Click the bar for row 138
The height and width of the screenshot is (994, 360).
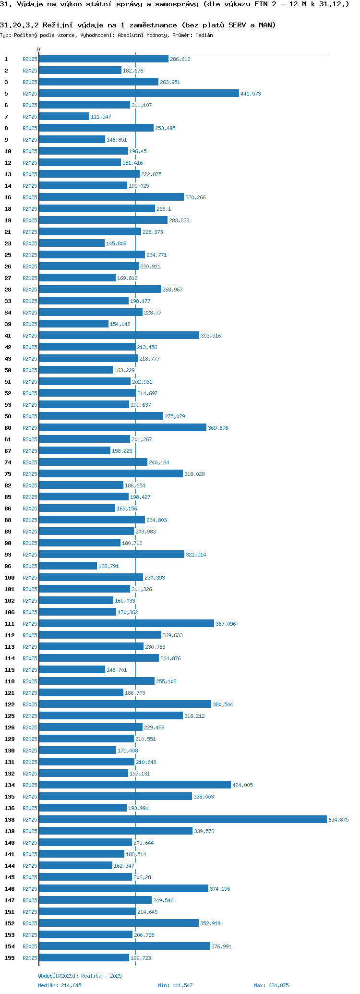(x=182, y=820)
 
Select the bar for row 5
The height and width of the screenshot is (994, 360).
(x=139, y=94)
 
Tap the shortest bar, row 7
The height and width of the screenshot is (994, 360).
(x=64, y=117)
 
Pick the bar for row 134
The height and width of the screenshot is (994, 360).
(x=135, y=785)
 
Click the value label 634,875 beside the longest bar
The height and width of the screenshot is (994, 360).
(x=338, y=820)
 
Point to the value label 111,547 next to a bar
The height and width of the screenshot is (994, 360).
(x=101, y=117)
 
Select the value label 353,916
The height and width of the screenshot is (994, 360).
(x=211, y=336)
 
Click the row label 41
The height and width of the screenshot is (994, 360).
(x=8, y=336)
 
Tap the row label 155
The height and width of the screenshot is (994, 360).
(x=10, y=958)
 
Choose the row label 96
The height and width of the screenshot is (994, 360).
(x=8, y=566)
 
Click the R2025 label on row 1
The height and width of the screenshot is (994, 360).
(x=30, y=59)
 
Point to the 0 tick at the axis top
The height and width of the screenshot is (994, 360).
(x=39, y=49)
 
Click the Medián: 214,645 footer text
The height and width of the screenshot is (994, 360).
(x=60, y=985)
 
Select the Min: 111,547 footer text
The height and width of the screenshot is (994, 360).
(x=175, y=985)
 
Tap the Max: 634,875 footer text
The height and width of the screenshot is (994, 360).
(x=271, y=985)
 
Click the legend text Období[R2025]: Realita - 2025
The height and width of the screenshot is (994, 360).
(x=80, y=976)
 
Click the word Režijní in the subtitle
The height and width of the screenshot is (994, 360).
(x=58, y=25)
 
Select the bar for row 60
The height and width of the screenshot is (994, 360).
(x=122, y=428)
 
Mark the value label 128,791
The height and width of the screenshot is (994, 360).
(x=108, y=566)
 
